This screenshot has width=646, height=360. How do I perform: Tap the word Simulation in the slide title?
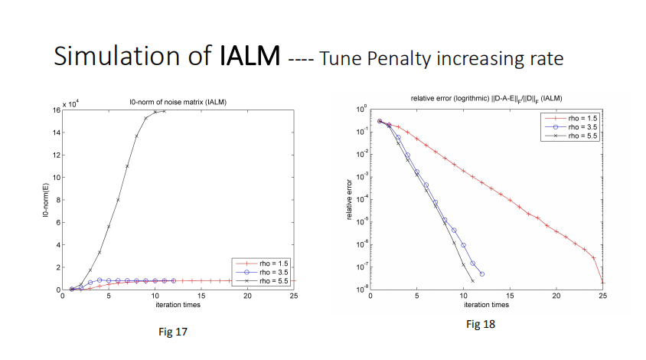pyautogui.click(x=110, y=56)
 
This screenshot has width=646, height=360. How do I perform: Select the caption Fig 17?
pyautogui.click(x=170, y=332)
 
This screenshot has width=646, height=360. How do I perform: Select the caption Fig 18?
pyautogui.click(x=481, y=325)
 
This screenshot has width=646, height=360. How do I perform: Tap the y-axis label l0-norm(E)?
pyautogui.click(x=46, y=201)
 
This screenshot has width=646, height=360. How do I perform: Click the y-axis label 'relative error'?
pyautogui.click(x=349, y=201)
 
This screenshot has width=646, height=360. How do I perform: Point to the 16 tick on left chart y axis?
pyautogui.click(x=56, y=110)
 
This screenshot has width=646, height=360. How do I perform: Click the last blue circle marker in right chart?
pyautogui.click(x=481, y=274)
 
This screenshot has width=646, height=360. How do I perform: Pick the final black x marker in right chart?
pyautogui.click(x=472, y=281)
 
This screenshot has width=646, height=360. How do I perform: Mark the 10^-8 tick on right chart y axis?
pyautogui.click(x=365, y=290)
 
